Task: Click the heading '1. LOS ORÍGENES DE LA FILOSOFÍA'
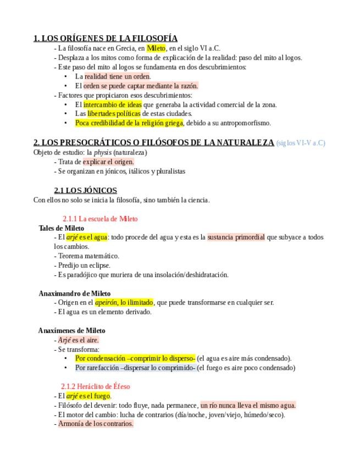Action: (x=105, y=38)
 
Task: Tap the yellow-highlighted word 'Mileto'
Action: (x=156, y=48)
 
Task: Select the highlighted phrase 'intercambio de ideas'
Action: (x=112, y=104)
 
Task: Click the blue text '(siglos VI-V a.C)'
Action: (x=301, y=143)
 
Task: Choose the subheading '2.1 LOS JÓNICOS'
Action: (x=85, y=190)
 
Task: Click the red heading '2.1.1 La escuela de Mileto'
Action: (x=100, y=219)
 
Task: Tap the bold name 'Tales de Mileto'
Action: (x=62, y=228)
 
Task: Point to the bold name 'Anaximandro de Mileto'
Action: (x=75, y=293)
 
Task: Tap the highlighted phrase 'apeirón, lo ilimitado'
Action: (x=124, y=302)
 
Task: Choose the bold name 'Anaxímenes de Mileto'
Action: (x=71, y=330)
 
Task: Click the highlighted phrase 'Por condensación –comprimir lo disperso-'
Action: (x=135, y=358)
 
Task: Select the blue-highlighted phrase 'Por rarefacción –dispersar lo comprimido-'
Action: (x=135, y=368)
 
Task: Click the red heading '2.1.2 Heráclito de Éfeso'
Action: (x=96, y=386)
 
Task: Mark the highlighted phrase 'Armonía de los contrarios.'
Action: (x=96, y=424)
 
